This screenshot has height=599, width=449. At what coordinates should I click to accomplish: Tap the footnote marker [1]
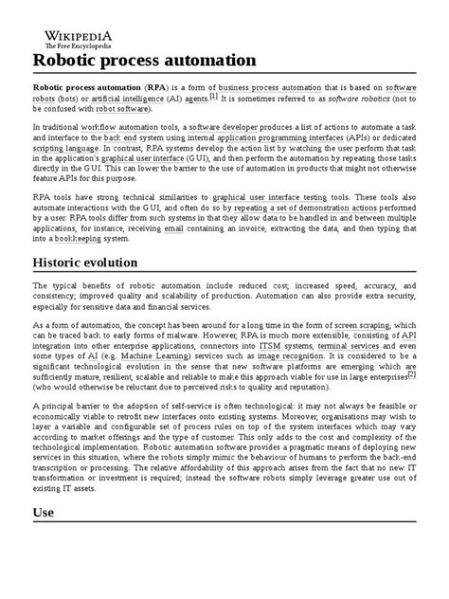click(213, 96)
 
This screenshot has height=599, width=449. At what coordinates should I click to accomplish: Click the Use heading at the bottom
click(45, 539)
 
